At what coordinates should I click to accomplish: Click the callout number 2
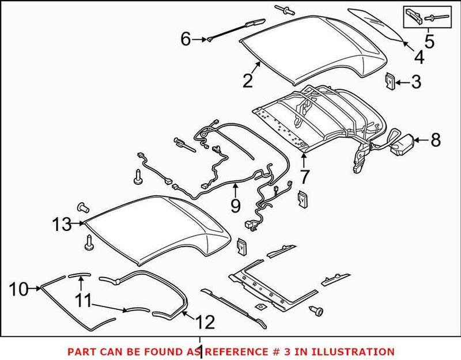coord(248,81)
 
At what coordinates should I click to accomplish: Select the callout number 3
coord(416,82)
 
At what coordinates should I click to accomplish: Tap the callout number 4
coord(418,57)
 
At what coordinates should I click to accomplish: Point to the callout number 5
coord(429,41)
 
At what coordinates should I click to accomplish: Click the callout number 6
coord(186,39)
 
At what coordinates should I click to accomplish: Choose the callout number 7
coord(304,176)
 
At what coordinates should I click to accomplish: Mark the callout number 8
coord(435,139)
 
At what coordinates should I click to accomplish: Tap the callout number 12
coord(206,321)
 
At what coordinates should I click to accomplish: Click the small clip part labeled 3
coord(389,82)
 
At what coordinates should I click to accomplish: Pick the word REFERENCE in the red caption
coord(236,351)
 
